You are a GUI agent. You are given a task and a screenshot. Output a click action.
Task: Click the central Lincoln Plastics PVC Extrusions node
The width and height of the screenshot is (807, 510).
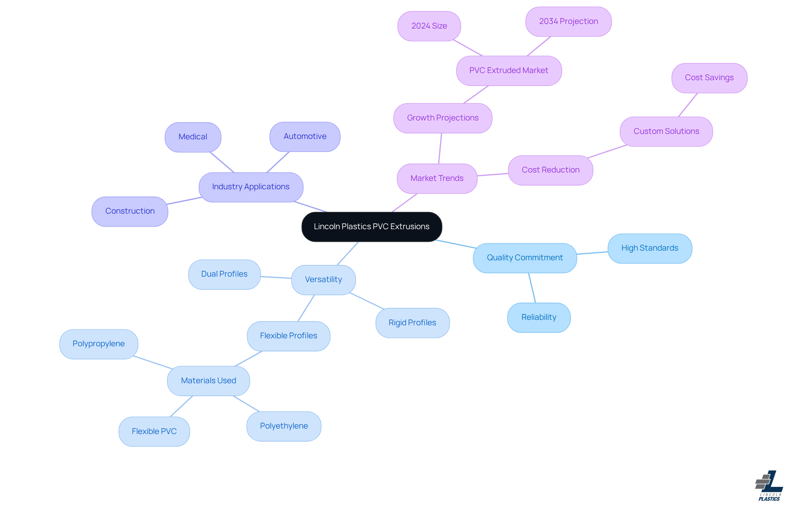click(x=372, y=227)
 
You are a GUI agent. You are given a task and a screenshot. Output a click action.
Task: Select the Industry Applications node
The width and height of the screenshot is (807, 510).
click(x=251, y=187)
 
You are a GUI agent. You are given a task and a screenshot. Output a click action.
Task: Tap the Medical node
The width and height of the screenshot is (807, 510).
click(x=193, y=137)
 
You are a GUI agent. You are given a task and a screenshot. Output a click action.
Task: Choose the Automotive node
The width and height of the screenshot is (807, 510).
click(x=305, y=136)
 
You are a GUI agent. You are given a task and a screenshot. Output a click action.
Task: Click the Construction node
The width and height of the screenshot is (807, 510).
click(x=130, y=211)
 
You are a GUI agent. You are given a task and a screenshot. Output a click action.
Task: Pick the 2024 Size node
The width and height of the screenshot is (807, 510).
click(x=429, y=26)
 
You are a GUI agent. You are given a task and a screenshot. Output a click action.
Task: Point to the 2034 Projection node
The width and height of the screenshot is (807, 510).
click(x=568, y=21)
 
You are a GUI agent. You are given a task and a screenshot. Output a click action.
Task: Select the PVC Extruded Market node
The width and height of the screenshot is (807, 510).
click(x=509, y=71)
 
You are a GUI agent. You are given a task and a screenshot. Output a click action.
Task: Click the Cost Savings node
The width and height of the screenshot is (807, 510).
click(x=709, y=78)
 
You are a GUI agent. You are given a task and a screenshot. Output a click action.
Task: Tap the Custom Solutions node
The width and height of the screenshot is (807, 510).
click(x=666, y=131)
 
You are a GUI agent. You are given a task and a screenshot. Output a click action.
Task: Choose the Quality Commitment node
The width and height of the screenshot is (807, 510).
click(x=525, y=258)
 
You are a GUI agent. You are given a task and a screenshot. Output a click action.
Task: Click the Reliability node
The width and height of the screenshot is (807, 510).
click(x=539, y=317)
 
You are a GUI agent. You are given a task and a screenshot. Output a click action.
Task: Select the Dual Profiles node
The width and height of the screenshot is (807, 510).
click(x=224, y=274)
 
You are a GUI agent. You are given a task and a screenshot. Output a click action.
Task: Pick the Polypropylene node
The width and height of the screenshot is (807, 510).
click(x=99, y=344)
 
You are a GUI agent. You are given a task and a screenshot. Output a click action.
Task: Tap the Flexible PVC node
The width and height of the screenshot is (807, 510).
click(x=154, y=432)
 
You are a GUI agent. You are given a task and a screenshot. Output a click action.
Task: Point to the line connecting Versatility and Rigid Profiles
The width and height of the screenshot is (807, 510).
click(x=367, y=301)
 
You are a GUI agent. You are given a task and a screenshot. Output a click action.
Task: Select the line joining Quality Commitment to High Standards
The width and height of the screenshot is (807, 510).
click(x=592, y=253)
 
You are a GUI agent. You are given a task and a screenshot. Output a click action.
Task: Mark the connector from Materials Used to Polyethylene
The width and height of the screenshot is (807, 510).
click(x=246, y=404)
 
